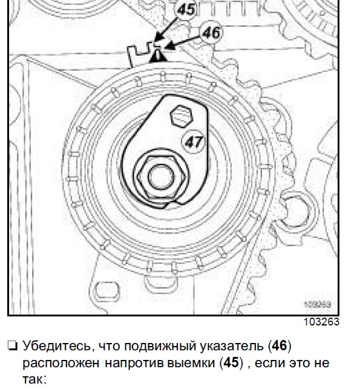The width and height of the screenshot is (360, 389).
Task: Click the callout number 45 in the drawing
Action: (186, 10)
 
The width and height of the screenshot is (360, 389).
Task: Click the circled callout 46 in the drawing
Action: (211, 33)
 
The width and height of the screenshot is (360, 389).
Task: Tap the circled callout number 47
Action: (194, 142)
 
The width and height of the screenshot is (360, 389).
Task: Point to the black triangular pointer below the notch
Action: (157, 56)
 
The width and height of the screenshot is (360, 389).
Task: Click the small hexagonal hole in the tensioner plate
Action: (182, 116)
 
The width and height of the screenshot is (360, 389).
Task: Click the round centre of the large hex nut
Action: (162, 177)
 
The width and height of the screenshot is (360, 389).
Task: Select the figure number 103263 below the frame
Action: (321, 322)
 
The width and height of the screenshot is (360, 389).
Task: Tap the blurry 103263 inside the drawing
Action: (318, 304)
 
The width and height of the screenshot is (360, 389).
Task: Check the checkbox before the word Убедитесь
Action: (13, 345)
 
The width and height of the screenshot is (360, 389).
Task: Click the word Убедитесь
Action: (59, 346)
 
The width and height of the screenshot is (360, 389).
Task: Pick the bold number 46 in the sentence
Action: (280, 345)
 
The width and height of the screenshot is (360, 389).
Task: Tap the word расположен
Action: (61, 364)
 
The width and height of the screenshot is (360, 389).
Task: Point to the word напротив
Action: (134, 364)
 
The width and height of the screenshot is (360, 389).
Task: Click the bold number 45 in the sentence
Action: (231, 363)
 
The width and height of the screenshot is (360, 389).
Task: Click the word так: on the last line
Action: (34, 379)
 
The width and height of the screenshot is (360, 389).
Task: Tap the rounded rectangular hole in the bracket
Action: (107, 292)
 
